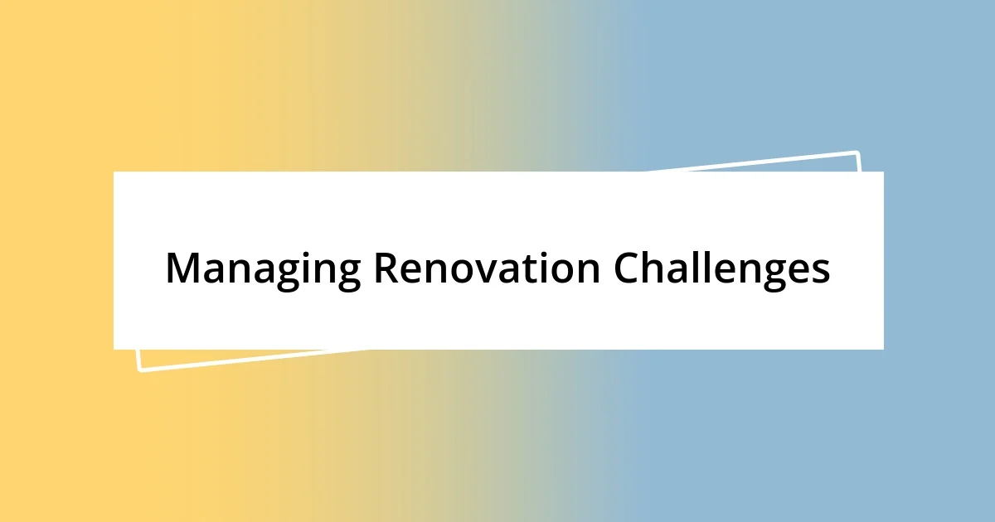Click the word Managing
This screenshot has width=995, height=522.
click(263, 269)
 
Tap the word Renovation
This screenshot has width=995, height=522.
click(487, 269)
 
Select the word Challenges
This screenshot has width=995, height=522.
click(722, 269)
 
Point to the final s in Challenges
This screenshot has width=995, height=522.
click(821, 273)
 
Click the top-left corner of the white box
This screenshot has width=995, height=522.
click(114, 172)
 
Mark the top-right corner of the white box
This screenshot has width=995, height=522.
click(884, 172)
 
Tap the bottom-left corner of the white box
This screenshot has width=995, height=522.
click(114, 350)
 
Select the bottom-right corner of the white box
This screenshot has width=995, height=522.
click(884, 350)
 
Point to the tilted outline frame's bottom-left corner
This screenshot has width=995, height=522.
click(140, 370)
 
